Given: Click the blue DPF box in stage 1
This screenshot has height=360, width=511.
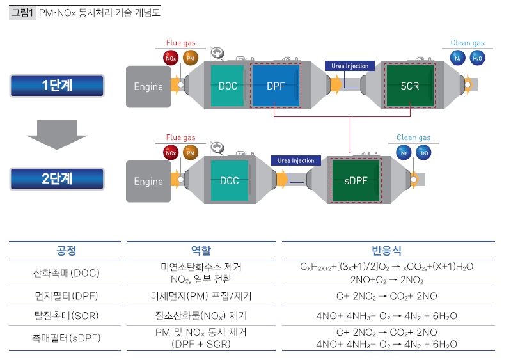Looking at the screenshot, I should point(275,86).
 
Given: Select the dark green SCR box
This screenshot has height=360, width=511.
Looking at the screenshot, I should point(409,86).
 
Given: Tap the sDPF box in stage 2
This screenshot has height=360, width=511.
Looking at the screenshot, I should point(356,181).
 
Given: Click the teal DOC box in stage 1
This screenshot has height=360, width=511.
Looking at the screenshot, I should point(227,86).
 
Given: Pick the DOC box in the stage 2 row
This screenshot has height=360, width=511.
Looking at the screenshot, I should point(229,181).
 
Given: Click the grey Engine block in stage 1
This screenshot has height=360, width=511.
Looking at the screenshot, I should point(148,86).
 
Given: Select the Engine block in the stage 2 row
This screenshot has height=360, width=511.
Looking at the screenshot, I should point(148,182).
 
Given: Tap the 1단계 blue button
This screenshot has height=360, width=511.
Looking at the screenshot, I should point(56,86).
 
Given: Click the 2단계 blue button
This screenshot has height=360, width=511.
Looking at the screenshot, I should point(56,179).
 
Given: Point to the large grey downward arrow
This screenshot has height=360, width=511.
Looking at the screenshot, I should point(56,132).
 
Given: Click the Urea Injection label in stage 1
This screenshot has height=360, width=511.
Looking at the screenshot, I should point(350,66).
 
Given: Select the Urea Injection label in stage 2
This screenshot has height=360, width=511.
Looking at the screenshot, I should point(296,160).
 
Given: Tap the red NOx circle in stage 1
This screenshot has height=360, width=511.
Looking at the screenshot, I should point(171,58).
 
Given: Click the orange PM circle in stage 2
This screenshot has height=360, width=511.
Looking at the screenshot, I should point(190,153).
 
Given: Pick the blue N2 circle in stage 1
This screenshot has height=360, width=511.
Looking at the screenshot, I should point(457,58).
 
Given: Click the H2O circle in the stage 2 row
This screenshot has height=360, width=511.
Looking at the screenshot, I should point(423,153).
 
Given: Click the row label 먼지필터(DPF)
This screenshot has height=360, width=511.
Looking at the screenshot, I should point(67,297).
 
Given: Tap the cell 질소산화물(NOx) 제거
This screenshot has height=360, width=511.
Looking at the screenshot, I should point(201,316).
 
